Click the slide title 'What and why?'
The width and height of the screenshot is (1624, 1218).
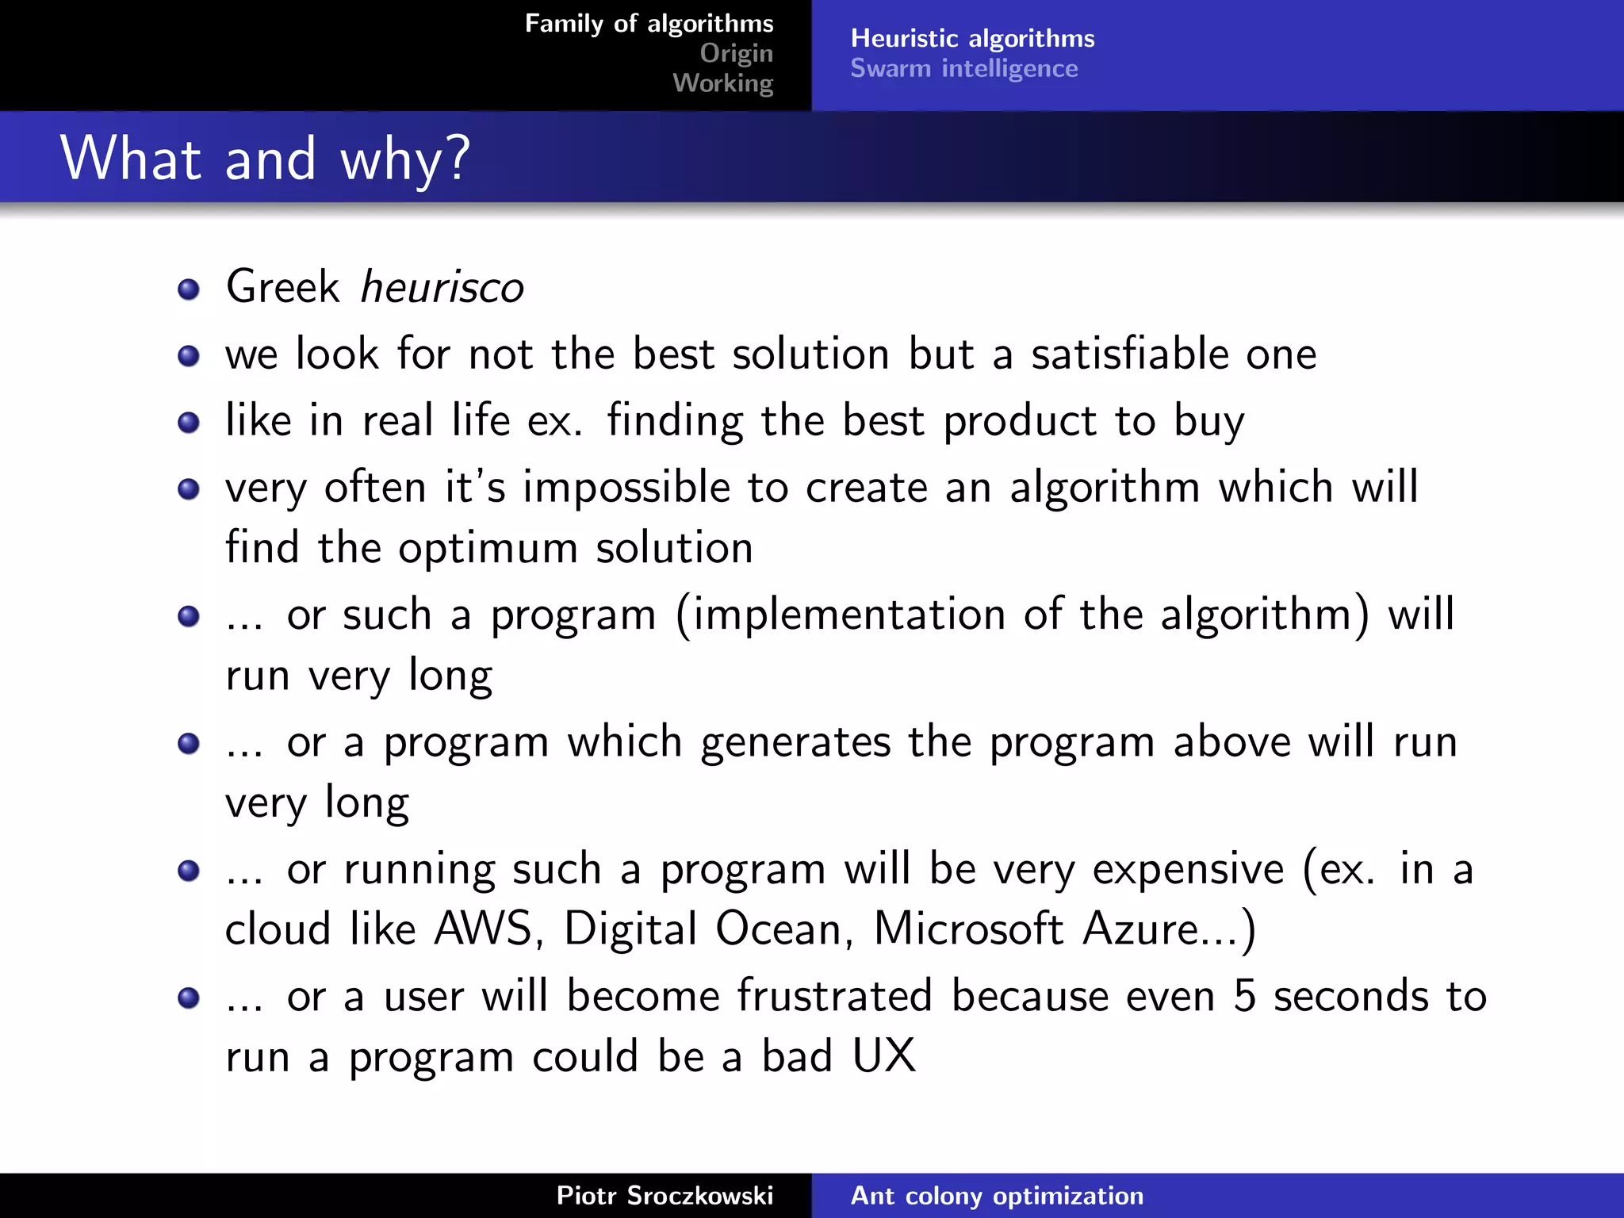tap(265, 159)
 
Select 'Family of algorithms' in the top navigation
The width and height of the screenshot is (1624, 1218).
tap(649, 24)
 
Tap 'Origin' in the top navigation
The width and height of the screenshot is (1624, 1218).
tap(736, 53)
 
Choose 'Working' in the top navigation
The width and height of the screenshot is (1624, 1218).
tap(722, 82)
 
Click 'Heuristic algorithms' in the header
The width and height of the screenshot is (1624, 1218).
tap(972, 38)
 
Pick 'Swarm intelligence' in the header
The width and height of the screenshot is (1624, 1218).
tap(963, 68)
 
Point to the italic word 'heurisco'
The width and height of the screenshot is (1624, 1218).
tap(442, 286)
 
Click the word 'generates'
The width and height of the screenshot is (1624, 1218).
tap(795, 742)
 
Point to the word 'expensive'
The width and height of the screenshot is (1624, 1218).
tap(1188, 869)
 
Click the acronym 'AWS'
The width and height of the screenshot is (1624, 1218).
tap(483, 929)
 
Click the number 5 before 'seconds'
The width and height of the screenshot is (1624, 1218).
tap(1245, 997)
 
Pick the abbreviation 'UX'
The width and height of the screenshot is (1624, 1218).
tap(883, 1056)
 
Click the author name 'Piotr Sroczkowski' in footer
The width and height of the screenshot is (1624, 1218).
tap(665, 1196)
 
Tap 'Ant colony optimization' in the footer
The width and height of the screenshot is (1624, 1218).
tap(997, 1196)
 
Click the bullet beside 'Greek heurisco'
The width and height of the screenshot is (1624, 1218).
tap(189, 289)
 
